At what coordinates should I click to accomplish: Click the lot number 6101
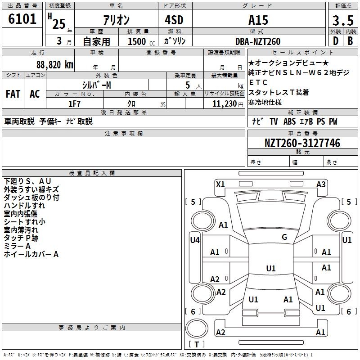pyautogui.click(x=22, y=19)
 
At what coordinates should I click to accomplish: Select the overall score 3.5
pyautogui.click(x=343, y=20)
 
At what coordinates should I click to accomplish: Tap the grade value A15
pyautogui.click(x=258, y=20)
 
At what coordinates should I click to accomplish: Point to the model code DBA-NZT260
pyautogui.click(x=258, y=41)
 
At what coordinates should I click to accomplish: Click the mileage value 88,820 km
pyautogui.click(x=55, y=65)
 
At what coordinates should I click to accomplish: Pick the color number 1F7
pyautogui.click(x=74, y=104)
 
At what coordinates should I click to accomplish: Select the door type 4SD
pyautogui.click(x=174, y=20)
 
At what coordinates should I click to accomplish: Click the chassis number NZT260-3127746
pyautogui.click(x=302, y=143)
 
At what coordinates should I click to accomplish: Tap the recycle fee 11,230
pyautogui.click(x=225, y=104)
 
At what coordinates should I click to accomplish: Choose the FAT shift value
pyautogui.click(x=13, y=94)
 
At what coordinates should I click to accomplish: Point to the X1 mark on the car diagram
pyautogui.click(x=220, y=184)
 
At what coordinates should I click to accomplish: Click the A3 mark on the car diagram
pyautogui.click(x=321, y=184)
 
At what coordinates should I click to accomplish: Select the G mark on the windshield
pyautogui.click(x=284, y=237)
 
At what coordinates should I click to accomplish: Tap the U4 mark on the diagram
pyautogui.click(x=195, y=240)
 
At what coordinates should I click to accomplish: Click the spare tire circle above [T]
pyautogui.click(x=197, y=328)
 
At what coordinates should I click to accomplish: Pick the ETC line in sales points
pyautogui.click(x=258, y=82)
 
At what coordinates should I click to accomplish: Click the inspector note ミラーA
pyautogui.click(x=17, y=246)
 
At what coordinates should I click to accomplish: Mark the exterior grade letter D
pyautogui.click(x=336, y=41)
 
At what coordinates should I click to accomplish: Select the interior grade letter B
pyautogui.click(x=350, y=41)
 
